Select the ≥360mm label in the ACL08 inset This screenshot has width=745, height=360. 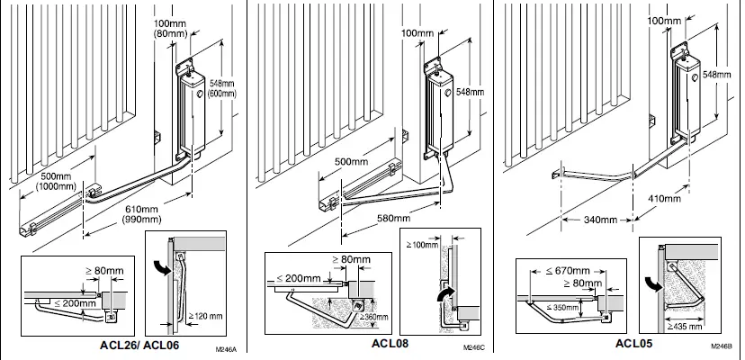click(365, 315)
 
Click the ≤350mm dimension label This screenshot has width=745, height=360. click(566, 308)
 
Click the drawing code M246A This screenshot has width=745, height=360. click(224, 347)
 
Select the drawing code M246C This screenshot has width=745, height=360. click(473, 347)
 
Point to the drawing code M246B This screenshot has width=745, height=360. click(721, 347)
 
